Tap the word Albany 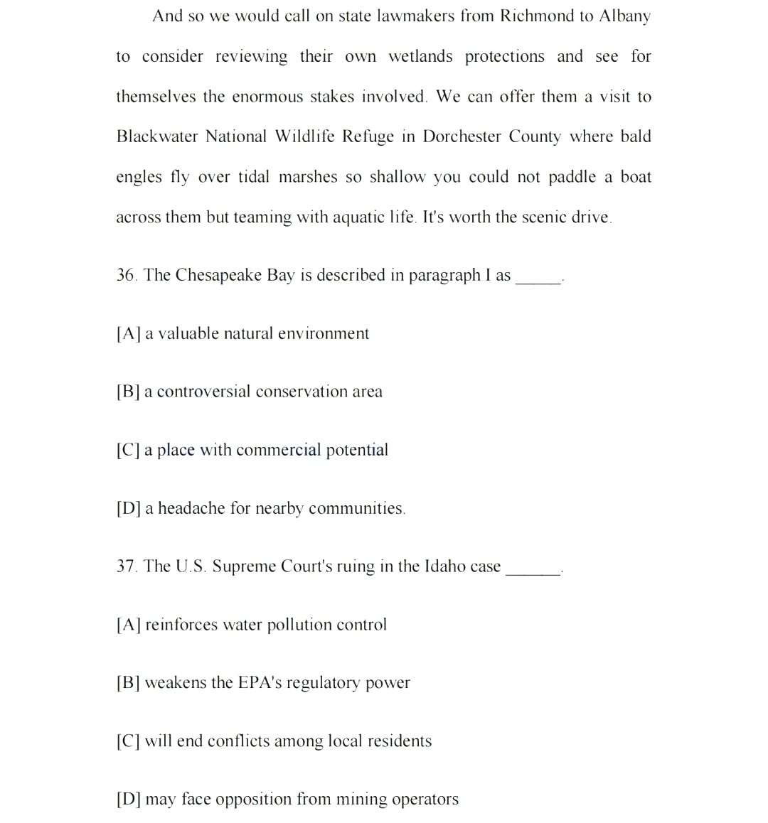click(x=624, y=16)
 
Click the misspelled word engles click(x=139, y=178)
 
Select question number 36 click(x=127, y=276)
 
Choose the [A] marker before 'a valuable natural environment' click(x=128, y=334)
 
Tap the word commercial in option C click(x=278, y=450)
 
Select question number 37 click(x=127, y=566)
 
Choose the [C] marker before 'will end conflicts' click(x=128, y=741)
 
